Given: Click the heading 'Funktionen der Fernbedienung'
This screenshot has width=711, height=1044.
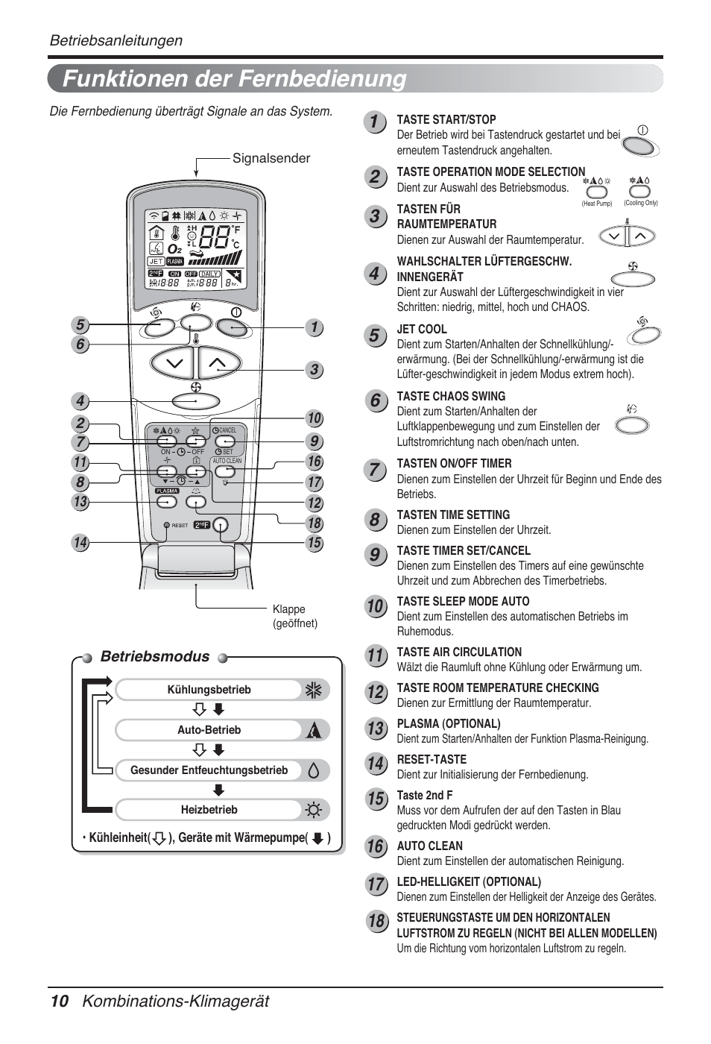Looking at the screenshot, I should point(235,78).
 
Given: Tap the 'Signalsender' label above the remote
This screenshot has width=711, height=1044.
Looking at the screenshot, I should point(271,158).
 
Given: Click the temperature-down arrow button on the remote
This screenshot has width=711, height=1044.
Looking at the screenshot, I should point(174,363).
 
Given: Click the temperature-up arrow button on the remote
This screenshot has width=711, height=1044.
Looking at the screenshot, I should point(218,363).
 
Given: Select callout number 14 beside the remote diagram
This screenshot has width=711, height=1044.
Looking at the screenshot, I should point(80,543).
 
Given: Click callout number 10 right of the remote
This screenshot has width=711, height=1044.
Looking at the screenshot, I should point(314,419).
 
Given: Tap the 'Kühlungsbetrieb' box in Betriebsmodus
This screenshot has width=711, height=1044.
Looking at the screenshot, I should point(209,690).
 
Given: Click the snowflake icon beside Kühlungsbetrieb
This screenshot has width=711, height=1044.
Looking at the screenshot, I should point(314,691).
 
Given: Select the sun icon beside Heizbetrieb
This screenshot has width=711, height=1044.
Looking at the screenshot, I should point(314,810).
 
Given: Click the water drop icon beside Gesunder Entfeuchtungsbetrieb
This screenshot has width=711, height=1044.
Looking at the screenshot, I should point(314,770).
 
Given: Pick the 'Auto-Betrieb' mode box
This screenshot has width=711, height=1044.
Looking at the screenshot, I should point(209,730).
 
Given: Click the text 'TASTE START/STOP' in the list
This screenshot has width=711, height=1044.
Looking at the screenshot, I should point(446,119).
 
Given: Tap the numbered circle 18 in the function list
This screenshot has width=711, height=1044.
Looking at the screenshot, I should point(376,921).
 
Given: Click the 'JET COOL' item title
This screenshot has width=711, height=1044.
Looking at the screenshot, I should point(422,329).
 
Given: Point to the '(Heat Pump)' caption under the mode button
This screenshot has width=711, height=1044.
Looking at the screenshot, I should point(597,203).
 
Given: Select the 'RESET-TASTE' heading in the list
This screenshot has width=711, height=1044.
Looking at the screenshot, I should point(432,759).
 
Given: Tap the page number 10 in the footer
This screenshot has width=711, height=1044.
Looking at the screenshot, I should point(60,1001).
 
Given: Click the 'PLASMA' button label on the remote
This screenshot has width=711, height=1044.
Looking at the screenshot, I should point(167,491).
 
